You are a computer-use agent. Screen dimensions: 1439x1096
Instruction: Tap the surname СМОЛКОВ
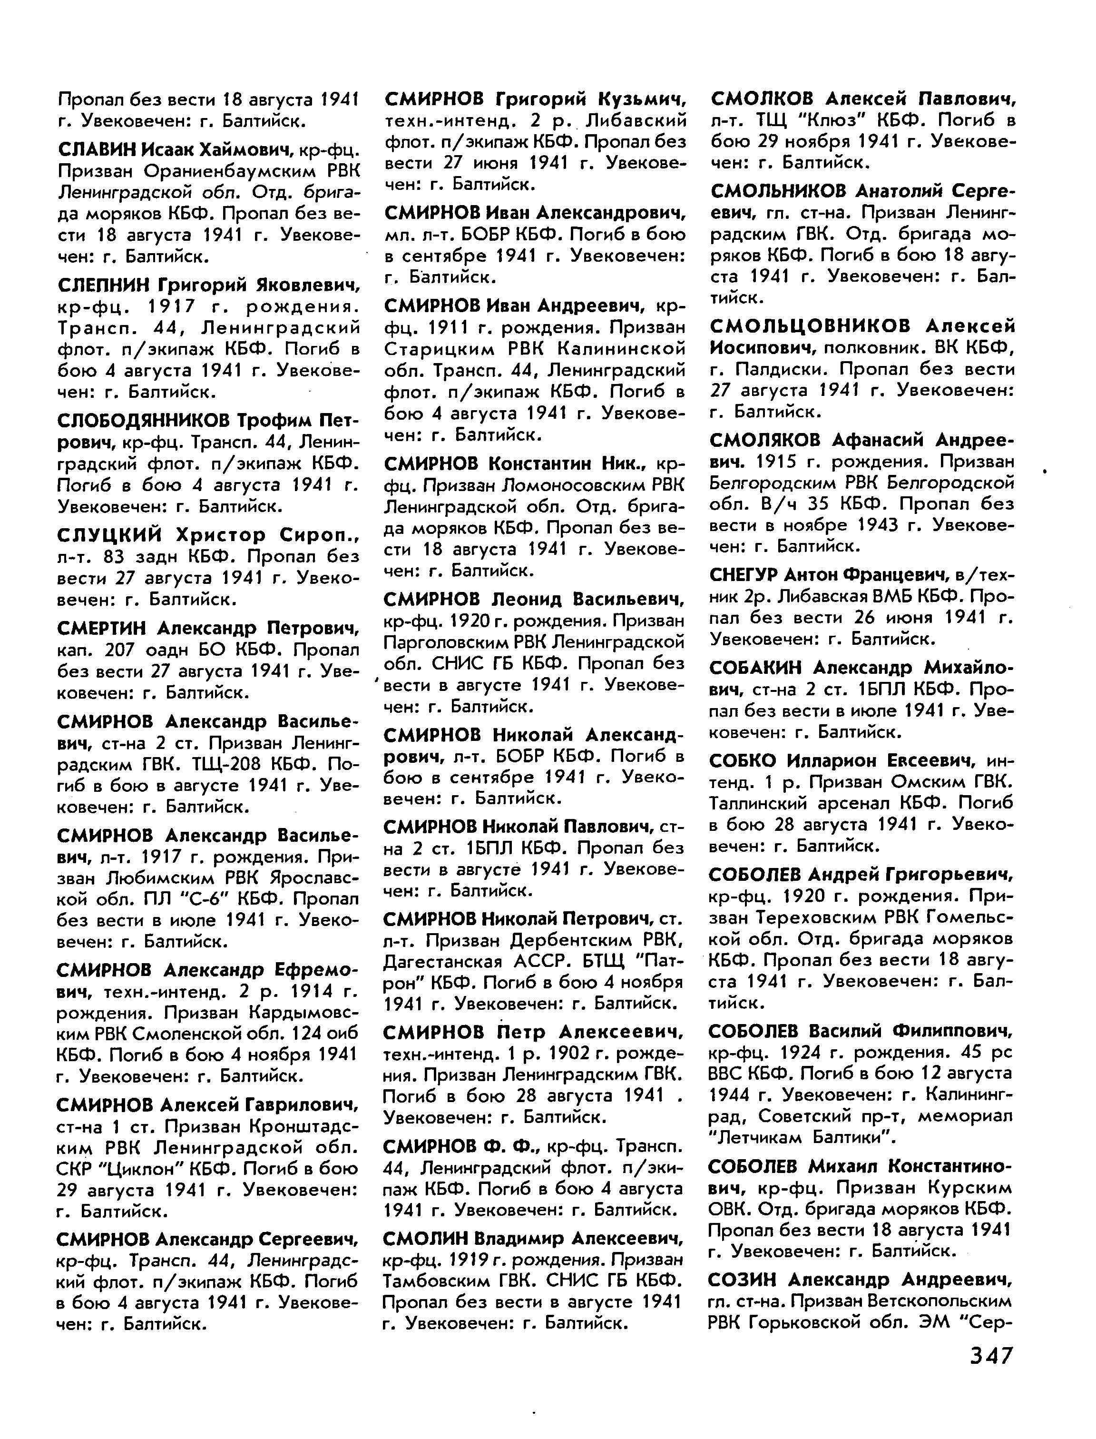(x=761, y=99)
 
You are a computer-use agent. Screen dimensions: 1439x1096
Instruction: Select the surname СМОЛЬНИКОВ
(x=779, y=191)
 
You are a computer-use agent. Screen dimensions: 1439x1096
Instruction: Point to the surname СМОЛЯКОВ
(x=766, y=441)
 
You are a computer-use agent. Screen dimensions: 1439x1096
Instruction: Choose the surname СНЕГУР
(x=743, y=575)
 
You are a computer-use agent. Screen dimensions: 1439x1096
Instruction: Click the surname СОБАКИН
(x=757, y=668)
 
